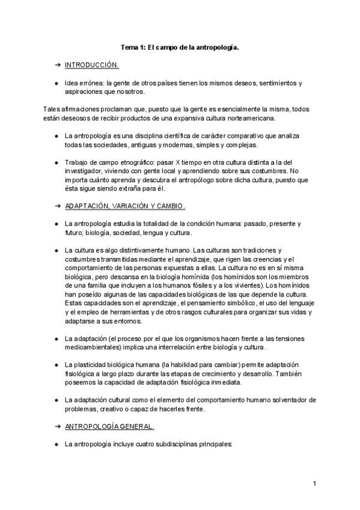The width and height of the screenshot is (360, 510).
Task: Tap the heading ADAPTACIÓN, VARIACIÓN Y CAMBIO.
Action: click(125, 205)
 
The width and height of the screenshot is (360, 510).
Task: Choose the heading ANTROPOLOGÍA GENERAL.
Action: click(109, 426)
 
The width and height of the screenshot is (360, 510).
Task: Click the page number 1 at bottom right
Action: click(314, 483)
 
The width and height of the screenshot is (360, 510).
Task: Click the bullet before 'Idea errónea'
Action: click(56, 83)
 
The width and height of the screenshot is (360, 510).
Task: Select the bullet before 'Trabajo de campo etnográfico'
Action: click(56, 162)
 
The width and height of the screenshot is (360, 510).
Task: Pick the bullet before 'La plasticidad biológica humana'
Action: click(56, 365)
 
